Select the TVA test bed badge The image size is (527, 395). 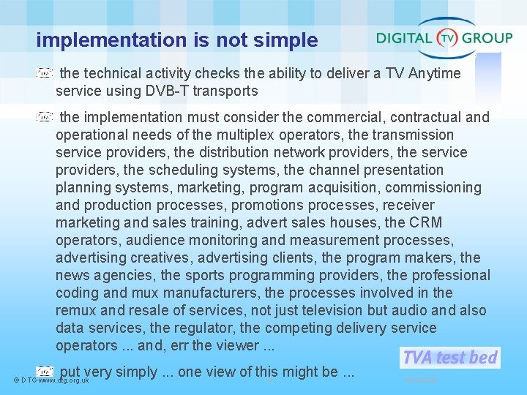point(449,357)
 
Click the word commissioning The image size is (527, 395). point(433,187)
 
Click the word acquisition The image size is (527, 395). point(342,187)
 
